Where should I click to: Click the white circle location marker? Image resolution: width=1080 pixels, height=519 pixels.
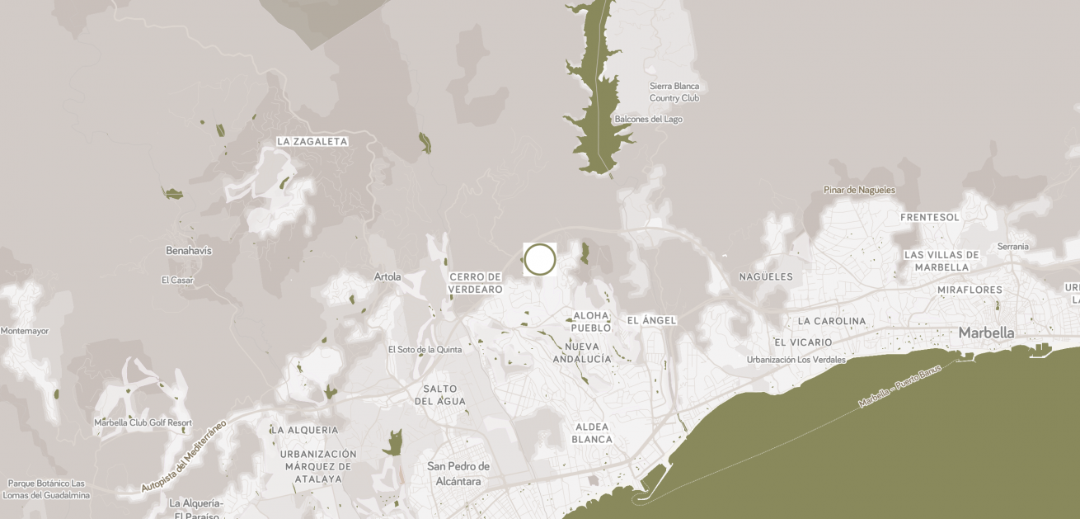pos(540,259)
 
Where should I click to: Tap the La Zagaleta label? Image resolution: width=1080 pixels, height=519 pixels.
pos(312,142)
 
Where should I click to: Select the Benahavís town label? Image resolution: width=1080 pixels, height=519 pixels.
pos(189,250)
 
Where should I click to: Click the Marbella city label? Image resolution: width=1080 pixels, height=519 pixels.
pos(986,333)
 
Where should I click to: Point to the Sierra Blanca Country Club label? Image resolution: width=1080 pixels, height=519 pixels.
pos(674,92)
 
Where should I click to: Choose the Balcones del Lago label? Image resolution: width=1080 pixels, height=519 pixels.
pos(648,119)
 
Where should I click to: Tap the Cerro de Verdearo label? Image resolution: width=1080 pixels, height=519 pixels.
pos(476,283)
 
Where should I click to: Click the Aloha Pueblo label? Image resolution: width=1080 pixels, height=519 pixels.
pos(591,321)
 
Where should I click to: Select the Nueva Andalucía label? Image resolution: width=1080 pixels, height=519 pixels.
pos(582,352)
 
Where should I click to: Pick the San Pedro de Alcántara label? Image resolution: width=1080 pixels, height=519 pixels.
pos(458,474)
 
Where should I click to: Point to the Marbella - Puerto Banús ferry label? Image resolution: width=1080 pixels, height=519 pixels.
pos(899,386)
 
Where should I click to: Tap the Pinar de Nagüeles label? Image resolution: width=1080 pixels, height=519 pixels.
pos(859,190)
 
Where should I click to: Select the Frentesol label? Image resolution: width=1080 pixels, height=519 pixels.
pos(930,217)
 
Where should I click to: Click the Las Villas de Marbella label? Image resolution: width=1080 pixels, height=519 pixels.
pos(941,261)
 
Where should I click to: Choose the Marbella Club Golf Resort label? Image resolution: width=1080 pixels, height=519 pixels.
pos(143,422)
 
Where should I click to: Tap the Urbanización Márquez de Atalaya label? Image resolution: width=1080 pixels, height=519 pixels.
pos(318,466)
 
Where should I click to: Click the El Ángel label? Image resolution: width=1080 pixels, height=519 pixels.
pos(651,320)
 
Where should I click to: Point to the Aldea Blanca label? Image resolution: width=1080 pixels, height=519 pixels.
pos(592,432)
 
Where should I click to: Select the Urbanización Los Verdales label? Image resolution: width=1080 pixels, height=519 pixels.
pos(796,360)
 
